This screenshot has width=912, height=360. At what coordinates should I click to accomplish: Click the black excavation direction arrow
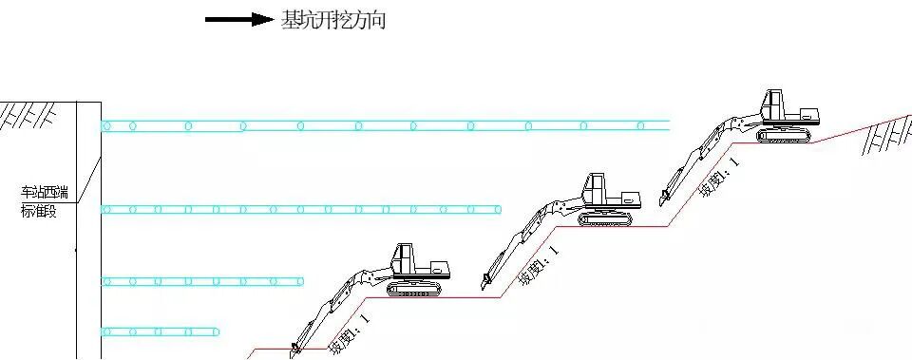[x=238, y=20]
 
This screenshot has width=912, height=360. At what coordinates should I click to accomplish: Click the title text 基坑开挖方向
[x=332, y=20]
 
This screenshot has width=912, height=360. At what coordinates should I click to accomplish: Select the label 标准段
[x=39, y=212]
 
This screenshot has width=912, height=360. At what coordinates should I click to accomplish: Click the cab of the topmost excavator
[x=775, y=104]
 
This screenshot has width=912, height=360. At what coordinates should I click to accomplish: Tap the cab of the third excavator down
[x=405, y=258]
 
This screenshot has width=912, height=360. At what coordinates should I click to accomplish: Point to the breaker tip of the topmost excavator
[x=661, y=201]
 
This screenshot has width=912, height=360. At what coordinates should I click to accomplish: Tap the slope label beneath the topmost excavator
[x=716, y=177]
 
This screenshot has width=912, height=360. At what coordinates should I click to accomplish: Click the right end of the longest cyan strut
[x=669, y=124]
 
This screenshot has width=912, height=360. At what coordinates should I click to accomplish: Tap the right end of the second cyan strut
[x=500, y=209]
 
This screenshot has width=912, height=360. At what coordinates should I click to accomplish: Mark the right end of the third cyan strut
[x=302, y=281]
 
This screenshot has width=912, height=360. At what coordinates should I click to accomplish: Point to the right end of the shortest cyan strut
[x=219, y=332]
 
